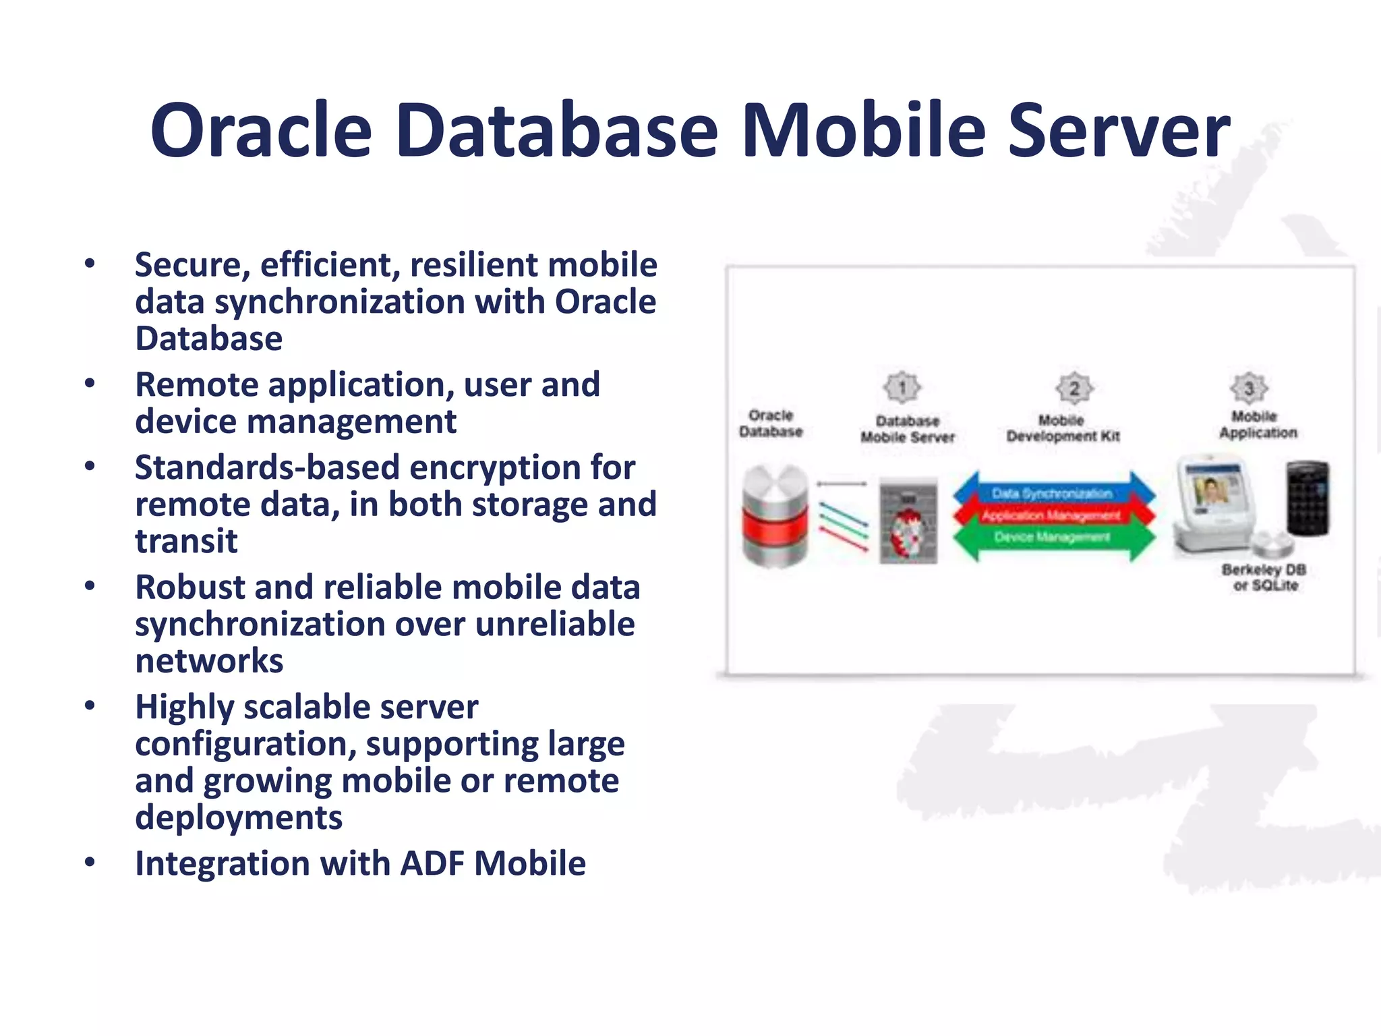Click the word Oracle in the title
[261, 130]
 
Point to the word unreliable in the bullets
[554, 624]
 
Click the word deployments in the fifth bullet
[239, 817]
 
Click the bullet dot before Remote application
[90, 384]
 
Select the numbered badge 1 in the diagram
[902, 388]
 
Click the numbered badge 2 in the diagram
[1074, 388]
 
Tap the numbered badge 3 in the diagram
[1249, 388]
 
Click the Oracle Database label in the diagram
[771, 424]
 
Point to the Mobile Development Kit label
[1063, 428]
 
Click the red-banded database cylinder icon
[775, 516]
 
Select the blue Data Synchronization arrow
[1053, 493]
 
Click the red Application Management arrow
[1053, 516]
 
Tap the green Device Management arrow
[1053, 538]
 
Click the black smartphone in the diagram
[1307, 498]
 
